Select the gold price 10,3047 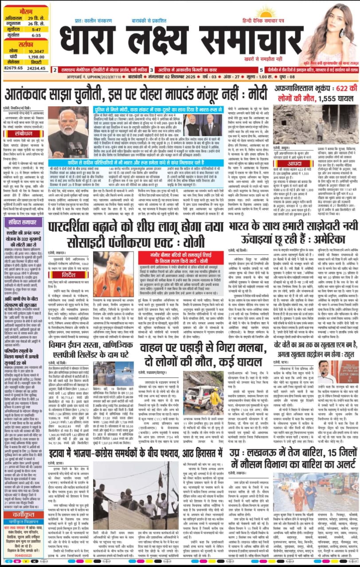[x=36, y=51]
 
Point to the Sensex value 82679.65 [x=13, y=68]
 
